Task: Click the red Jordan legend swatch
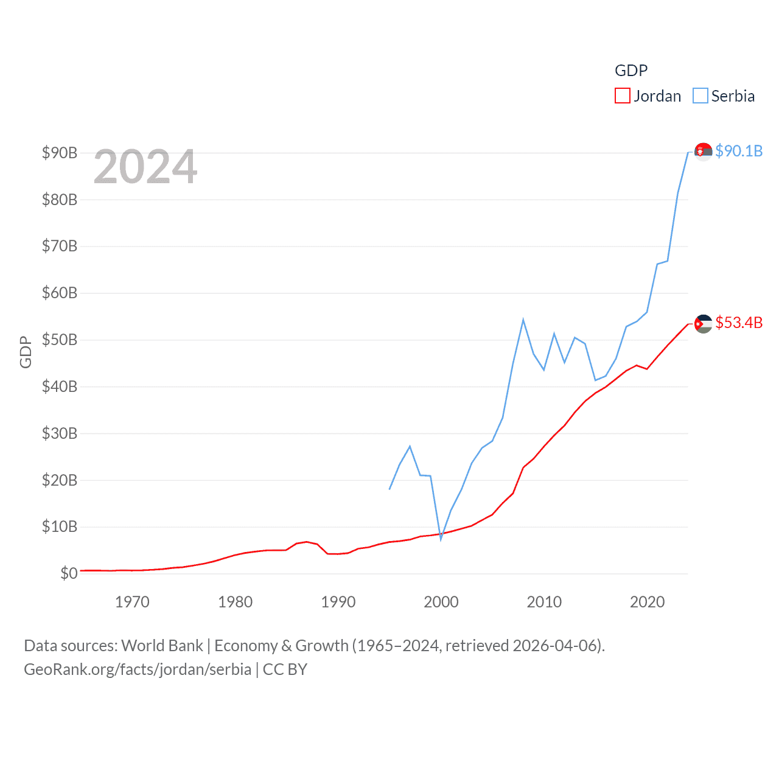[x=622, y=96]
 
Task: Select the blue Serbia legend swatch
[x=700, y=96]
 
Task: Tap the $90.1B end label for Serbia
[x=739, y=151]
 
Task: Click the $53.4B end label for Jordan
[x=739, y=323]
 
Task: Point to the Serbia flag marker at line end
[x=703, y=152]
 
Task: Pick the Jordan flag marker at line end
[x=703, y=324]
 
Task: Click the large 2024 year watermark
[x=145, y=167]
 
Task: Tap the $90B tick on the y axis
[x=60, y=153]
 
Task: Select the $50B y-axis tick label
[x=60, y=340]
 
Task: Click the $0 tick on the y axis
[x=69, y=573]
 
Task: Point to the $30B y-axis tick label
[x=60, y=433]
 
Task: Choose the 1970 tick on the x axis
[x=132, y=602]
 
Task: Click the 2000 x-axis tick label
[x=441, y=602]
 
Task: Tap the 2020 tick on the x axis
[x=647, y=602]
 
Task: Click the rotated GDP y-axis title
[x=26, y=352]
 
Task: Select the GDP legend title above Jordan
[x=631, y=71]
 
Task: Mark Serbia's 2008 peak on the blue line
[x=523, y=320]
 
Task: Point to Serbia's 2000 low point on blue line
[x=441, y=539]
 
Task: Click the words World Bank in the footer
[x=162, y=645]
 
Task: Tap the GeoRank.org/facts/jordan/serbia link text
[x=138, y=669]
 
